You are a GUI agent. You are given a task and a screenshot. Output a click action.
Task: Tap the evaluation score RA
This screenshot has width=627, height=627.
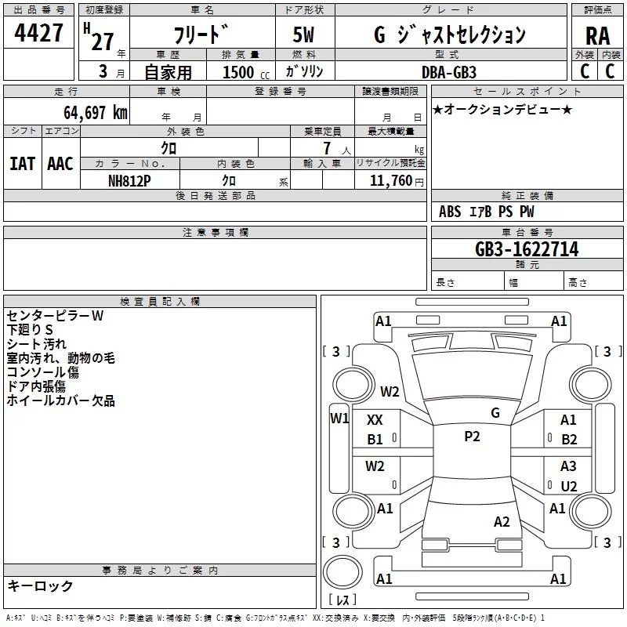pyautogui.click(x=597, y=35)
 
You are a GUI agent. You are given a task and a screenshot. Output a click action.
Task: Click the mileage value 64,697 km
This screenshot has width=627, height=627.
pyautogui.click(x=90, y=112)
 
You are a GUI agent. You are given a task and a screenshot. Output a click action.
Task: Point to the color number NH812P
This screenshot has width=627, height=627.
pyautogui.click(x=130, y=179)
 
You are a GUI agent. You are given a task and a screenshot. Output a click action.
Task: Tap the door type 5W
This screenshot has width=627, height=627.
pyautogui.click(x=304, y=35)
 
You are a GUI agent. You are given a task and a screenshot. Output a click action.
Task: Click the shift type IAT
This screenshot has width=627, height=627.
pyautogui.click(x=22, y=163)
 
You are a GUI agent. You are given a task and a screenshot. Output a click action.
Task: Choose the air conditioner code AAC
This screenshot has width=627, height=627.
pyautogui.click(x=60, y=163)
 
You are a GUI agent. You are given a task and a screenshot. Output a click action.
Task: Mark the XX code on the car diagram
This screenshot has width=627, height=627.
pyautogui.click(x=375, y=421)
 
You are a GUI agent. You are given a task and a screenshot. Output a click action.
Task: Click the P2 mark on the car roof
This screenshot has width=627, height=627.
pyautogui.click(x=472, y=437)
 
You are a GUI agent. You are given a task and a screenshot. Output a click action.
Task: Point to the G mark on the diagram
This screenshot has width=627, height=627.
pyautogui.click(x=495, y=413)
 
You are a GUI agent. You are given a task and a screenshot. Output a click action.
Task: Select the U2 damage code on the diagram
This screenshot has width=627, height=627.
pyautogui.click(x=569, y=486)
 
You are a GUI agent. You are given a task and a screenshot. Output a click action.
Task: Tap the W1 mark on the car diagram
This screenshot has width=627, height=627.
pyautogui.click(x=339, y=418)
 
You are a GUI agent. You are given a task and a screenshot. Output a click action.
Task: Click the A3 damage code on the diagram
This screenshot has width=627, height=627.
pyautogui.click(x=569, y=466)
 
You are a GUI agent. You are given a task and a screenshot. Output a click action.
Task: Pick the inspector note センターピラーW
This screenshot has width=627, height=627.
pyautogui.click(x=55, y=315)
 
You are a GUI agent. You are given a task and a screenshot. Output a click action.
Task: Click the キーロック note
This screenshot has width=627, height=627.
pyautogui.click(x=41, y=585)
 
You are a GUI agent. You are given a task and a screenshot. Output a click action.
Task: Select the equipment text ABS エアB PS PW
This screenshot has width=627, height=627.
pyautogui.click(x=487, y=211)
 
